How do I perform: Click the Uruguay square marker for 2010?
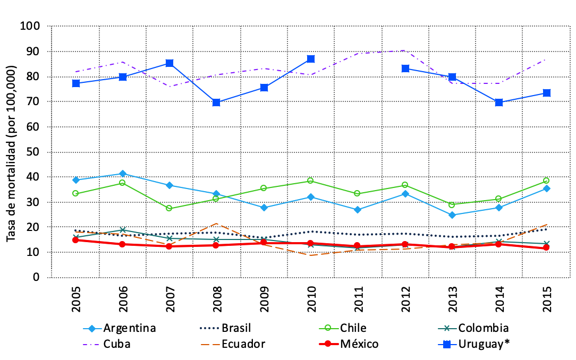[311, 59]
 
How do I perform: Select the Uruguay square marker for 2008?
[216, 102]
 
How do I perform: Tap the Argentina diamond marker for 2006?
[123, 174]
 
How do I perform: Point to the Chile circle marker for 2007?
[170, 209]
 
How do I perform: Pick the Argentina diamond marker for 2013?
[452, 215]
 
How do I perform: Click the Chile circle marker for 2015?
[546, 181]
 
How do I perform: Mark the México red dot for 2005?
[76, 240]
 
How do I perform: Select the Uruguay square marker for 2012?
[405, 68]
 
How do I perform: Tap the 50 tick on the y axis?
[36, 152]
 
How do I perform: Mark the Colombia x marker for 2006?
[123, 230]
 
